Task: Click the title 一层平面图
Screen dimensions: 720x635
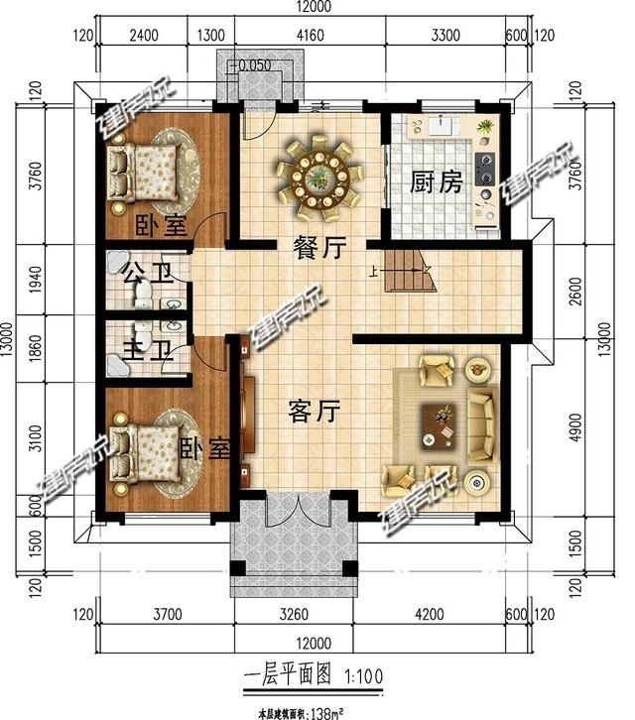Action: click(x=291, y=677)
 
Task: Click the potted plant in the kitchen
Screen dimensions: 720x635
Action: click(x=484, y=127)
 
